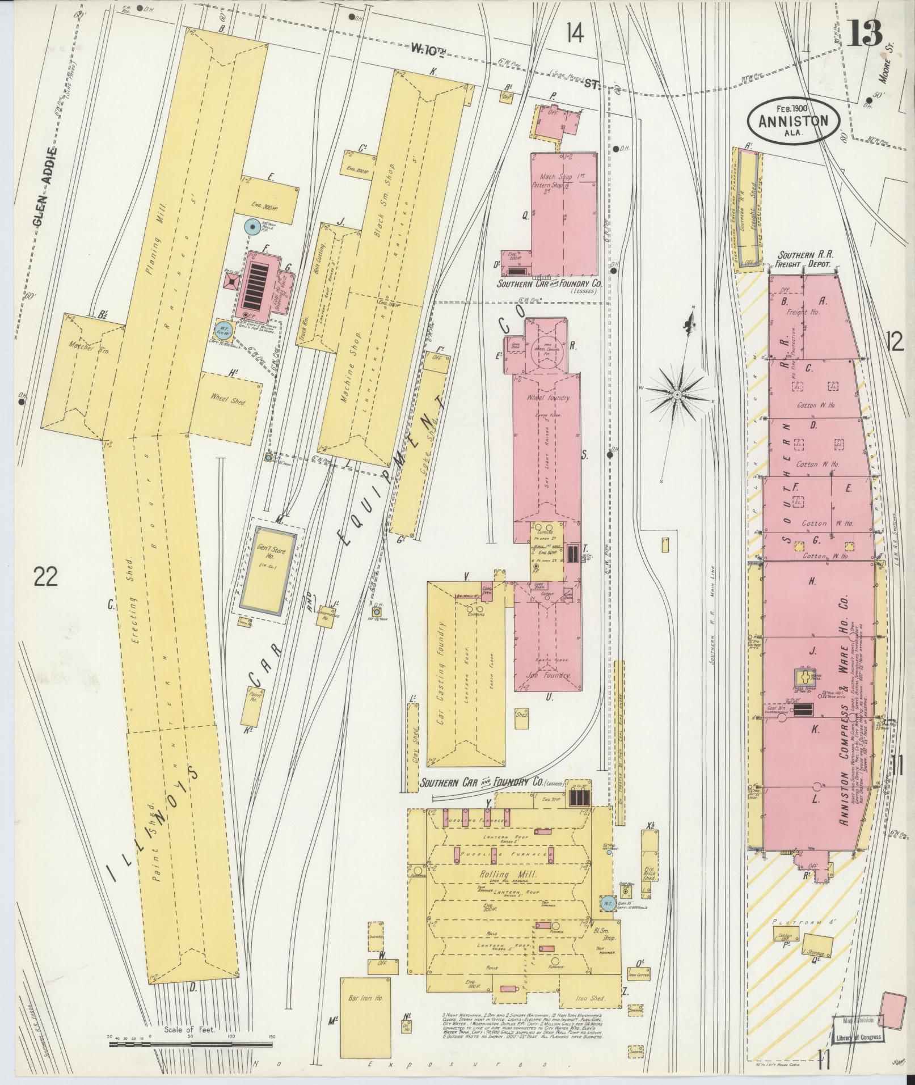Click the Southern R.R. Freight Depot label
click(x=804, y=260)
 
